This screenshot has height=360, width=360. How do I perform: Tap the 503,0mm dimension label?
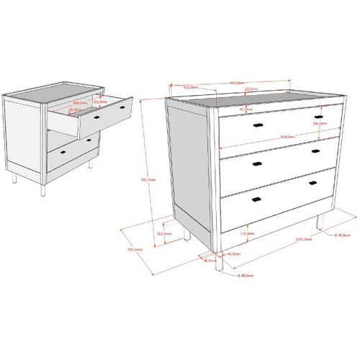tap(190, 87)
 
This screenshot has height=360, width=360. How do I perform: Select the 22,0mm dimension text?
tap(251, 90)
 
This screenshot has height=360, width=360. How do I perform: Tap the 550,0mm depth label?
tap(135, 249)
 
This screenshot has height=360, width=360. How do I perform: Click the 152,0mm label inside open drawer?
tap(100, 102)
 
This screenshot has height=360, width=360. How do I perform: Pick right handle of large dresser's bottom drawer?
tap(312, 182)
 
